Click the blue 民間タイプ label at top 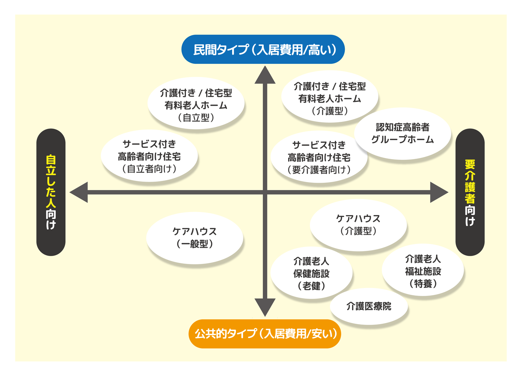point(263,50)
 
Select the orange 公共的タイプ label point(265,334)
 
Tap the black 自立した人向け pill point(51,192)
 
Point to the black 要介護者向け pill point(470,192)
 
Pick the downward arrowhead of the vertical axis point(265,307)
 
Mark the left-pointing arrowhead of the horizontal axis point(79,192)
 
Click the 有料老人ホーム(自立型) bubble point(196,105)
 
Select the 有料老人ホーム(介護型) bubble point(329,99)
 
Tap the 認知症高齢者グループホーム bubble point(403,133)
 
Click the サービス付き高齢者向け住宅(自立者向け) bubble point(149,156)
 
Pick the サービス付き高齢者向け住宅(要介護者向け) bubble point(319,158)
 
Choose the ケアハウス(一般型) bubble point(195,238)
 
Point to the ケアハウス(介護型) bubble point(358,225)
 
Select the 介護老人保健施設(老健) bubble point(311,273)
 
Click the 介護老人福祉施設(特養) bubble point(423,271)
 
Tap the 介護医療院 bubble point(369,306)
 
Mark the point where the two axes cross point(265,192)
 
